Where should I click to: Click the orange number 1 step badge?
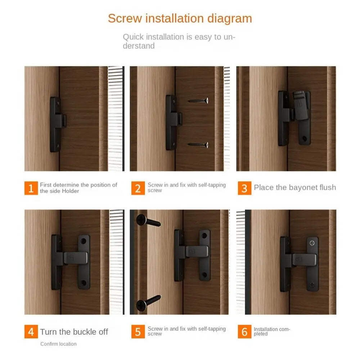(31, 188)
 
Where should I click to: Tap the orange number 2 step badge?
(138, 188)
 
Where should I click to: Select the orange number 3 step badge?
(244, 188)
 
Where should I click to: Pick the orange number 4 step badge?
(31, 332)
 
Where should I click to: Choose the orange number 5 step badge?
(138, 332)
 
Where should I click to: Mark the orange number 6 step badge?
(244, 332)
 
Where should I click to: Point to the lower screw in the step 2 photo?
(198, 145)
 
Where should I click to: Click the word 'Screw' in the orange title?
(125, 18)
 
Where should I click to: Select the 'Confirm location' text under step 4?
(58, 344)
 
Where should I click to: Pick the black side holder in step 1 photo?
(56, 124)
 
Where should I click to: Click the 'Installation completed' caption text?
(271, 332)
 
